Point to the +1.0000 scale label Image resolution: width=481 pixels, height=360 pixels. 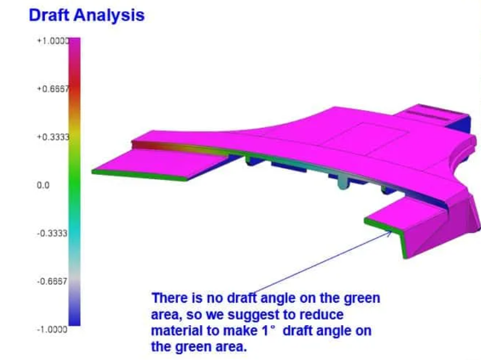pos(53,41)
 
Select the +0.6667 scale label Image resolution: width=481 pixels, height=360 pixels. pos(53,89)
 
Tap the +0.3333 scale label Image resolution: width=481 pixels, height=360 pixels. pos(53,137)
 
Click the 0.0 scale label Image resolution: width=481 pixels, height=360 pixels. pos(43,185)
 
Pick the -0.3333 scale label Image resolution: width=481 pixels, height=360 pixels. pos(52,233)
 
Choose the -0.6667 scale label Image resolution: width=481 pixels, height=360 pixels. pos(52,281)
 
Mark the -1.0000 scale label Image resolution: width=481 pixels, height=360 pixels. pos(52,330)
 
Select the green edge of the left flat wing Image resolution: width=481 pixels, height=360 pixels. pos(140,175)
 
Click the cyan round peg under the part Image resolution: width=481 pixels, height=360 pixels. pos(343,182)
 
